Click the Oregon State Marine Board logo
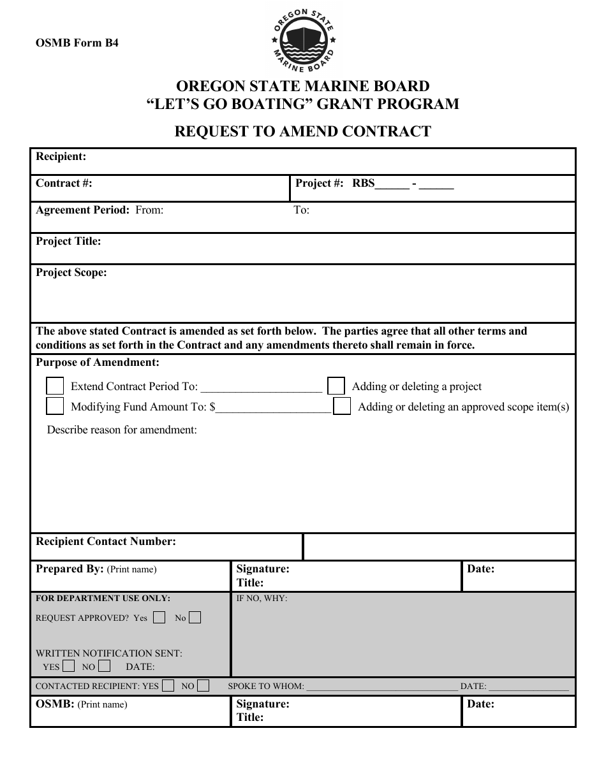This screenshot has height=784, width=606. [x=303, y=40]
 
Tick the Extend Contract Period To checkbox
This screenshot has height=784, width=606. [x=55, y=386]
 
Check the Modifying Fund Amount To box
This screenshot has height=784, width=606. [x=55, y=406]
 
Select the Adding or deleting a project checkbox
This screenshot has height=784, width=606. [x=336, y=386]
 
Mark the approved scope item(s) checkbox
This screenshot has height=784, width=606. [x=343, y=407]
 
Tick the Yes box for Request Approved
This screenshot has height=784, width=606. [x=160, y=617]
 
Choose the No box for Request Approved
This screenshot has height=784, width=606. [x=195, y=617]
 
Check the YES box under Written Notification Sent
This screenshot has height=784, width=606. [x=69, y=666]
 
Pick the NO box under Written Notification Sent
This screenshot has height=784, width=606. [x=105, y=666]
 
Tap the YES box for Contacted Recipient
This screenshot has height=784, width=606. [x=168, y=686]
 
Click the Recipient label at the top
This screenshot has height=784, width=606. [x=61, y=156]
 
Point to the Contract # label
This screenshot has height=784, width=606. [x=64, y=183]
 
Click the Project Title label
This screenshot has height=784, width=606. [x=68, y=241]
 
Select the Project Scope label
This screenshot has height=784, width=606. [x=71, y=272]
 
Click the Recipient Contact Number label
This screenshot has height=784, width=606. [x=106, y=541]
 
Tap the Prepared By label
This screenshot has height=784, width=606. [x=70, y=569]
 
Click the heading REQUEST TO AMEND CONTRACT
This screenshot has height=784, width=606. [x=303, y=131]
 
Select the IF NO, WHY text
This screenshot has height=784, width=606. [x=262, y=599]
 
